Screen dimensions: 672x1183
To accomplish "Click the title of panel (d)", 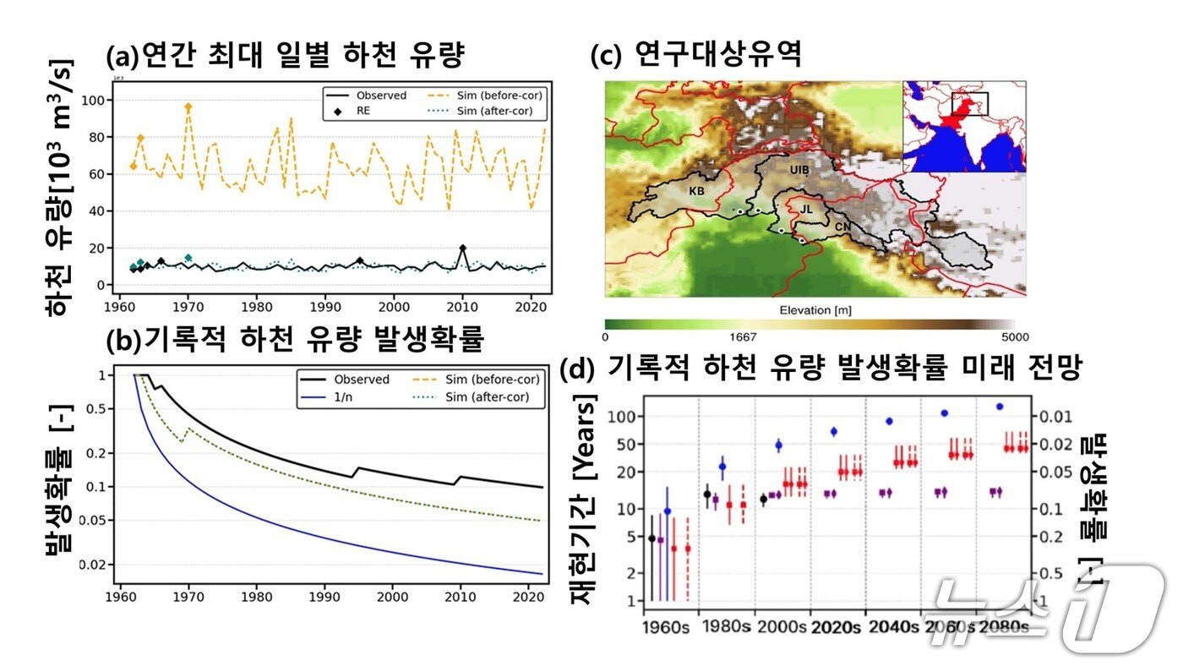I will click(820, 369).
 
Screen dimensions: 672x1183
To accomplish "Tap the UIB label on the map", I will click(799, 171).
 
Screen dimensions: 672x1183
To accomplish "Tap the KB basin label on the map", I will click(696, 192).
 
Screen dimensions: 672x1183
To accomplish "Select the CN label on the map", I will click(842, 227).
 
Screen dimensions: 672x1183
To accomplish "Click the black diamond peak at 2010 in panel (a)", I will click(462, 249).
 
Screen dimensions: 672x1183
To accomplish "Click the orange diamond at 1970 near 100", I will click(188, 107).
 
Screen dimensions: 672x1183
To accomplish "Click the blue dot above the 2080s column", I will click(1000, 407).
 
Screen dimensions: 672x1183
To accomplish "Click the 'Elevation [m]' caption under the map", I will click(809, 310).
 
